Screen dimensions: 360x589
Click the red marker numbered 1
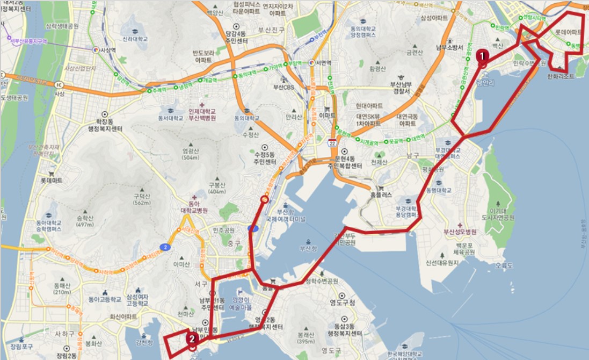(x=482, y=55)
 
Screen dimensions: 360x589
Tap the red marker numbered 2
(x=191, y=339)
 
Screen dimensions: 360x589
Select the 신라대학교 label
(x=135, y=39)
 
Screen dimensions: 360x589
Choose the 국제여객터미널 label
(x=285, y=219)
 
